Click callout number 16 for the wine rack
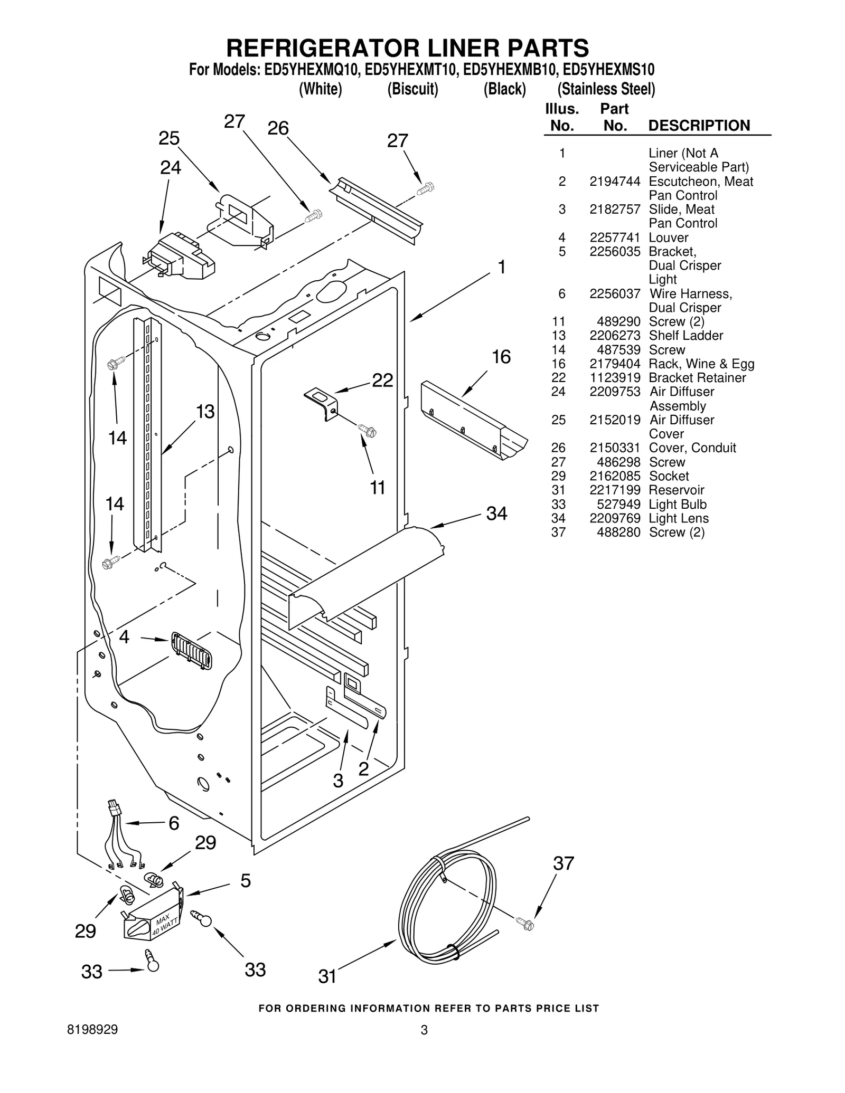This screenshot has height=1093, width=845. point(501,357)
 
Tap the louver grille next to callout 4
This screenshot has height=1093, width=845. point(191,651)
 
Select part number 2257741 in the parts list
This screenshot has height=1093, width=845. point(615,237)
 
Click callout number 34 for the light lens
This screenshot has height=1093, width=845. point(496,513)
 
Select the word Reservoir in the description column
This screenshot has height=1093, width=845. point(676,490)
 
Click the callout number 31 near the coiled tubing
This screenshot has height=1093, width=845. point(327,976)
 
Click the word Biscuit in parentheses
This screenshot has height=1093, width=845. point(412,89)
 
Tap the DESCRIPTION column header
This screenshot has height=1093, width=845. point(699,126)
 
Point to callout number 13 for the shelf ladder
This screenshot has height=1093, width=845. point(205,411)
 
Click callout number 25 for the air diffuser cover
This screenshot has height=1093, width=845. point(169,138)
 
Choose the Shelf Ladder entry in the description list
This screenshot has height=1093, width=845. point(686,336)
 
